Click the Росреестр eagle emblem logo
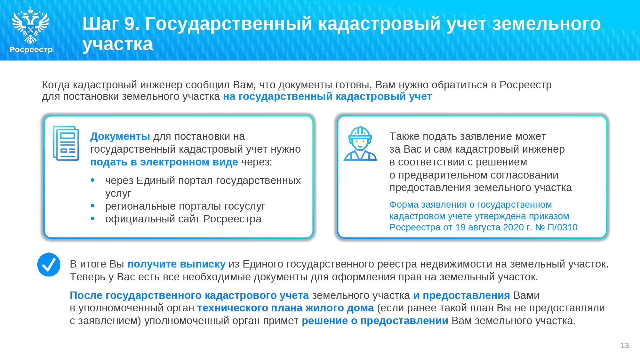(x=30, y=25)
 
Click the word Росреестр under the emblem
(x=31, y=50)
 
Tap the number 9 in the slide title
(x=129, y=24)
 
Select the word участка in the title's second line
(x=118, y=44)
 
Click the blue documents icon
(x=66, y=143)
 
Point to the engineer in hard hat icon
(x=360, y=143)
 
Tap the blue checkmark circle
(x=49, y=265)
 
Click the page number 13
(x=625, y=346)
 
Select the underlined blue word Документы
(x=120, y=136)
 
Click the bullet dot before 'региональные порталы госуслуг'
(x=93, y=206)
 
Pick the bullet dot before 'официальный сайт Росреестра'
(x=93, y=219)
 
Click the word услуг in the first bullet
(x=118, y=193)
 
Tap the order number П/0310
(x=563, y=227)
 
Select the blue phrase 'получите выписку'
(x=176, y=264)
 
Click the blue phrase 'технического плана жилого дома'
(x=285, y=308)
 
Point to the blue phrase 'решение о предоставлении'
(x=375, y=321)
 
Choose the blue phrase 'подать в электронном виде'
(x=164, y=162)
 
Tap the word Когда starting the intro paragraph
(x=56, y=85)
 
